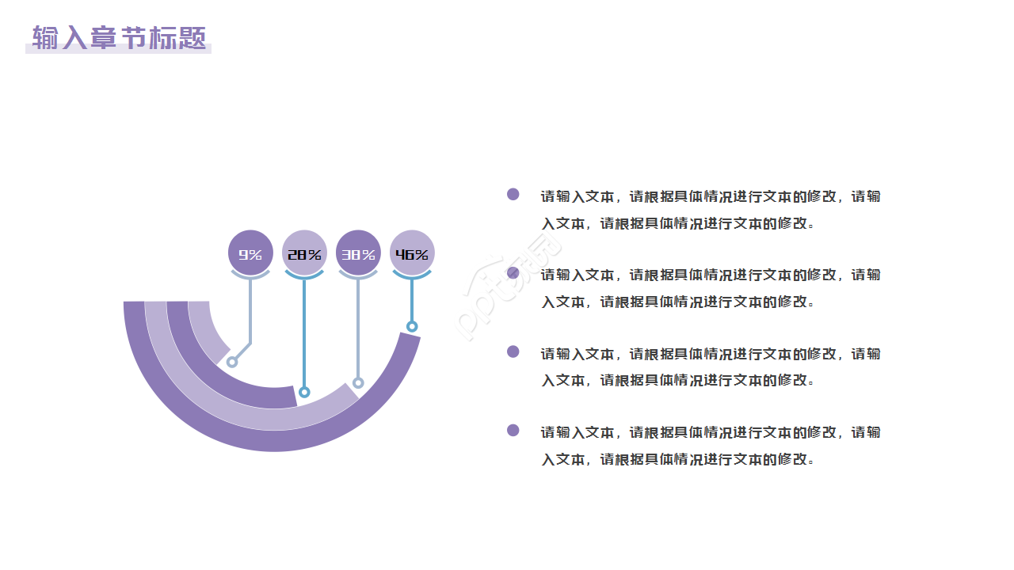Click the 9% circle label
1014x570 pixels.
click(250, 253)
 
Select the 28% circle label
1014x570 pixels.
click(304, 253)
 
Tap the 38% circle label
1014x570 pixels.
click(358, 253)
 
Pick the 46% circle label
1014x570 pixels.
click(412, 253)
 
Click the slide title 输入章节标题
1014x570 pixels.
click(119, 38)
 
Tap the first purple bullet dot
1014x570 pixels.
click(513, 194)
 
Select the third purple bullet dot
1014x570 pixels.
click(513, 351)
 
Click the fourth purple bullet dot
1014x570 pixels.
click(513, 430)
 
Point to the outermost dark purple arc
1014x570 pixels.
click(273, 443)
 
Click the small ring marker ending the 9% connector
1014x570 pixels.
click(232, 362)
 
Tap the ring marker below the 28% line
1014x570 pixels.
click(304, 392)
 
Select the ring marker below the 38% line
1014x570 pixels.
click(358, 383)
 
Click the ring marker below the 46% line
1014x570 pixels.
click(412, 326)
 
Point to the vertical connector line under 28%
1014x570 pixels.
click(304, 332)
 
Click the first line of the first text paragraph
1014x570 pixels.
click(710, 196)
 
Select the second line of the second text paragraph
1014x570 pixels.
click(677, 302)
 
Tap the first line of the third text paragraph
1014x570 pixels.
click(710, 354)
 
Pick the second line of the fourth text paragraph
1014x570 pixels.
click(677, 459)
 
